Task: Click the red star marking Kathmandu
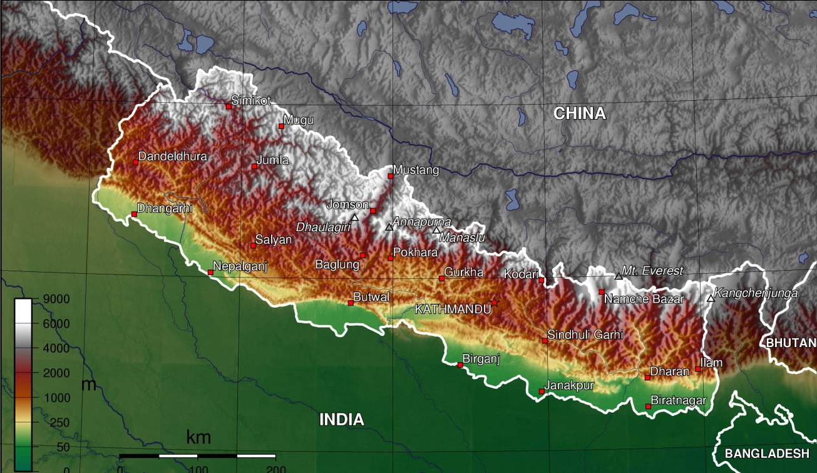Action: point(494,303)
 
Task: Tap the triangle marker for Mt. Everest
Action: point(619,276)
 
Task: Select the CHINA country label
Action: point(580,113)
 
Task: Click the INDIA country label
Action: point(342,420)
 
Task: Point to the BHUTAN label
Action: point(791,343)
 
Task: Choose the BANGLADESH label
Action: point(767,454)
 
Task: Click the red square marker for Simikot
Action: point(229,107)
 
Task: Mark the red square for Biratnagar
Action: point(648,407)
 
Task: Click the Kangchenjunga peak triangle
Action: point(711,298)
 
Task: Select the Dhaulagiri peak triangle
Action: point(355,217)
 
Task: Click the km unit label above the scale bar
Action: point(199,438)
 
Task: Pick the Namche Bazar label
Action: point(644,299)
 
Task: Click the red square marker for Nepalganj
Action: point(210,272)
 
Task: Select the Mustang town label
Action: point(416,170)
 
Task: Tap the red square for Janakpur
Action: point(542,392)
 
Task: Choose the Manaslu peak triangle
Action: point(436,230)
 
